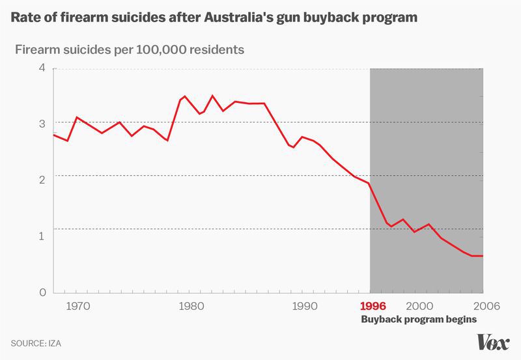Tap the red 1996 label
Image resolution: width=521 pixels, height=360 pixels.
tap(373, 305)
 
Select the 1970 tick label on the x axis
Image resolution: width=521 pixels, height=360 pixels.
tap(78, 305)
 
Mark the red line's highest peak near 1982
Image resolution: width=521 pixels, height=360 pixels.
tap(212, 96)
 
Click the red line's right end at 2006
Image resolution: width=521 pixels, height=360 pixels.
tap(483, 256)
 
